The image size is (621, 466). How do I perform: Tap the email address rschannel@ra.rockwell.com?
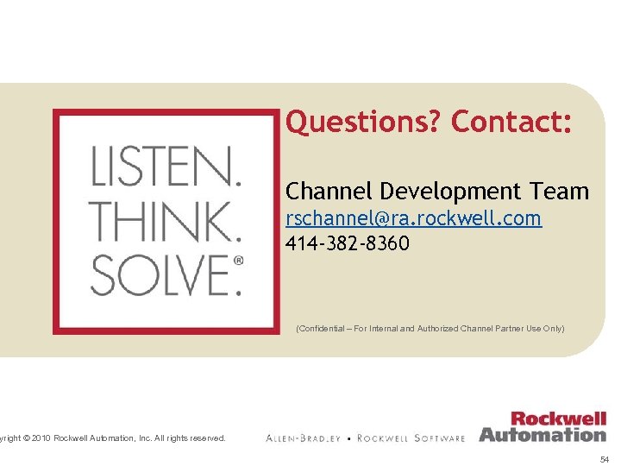pyautogui.click(x=413, y=218)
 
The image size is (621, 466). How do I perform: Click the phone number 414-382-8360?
pyautogui.click(x=348, y=244)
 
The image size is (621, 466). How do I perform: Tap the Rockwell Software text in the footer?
pyautogui.click(x=411, y=438)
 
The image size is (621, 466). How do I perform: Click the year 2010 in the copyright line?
pyautogui.click(x=41, y=438)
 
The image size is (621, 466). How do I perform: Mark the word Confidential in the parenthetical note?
pyautogui.click(x=320, y=329)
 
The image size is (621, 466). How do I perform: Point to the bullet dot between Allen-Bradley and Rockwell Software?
pyautogui.click(x=348, y=438)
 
